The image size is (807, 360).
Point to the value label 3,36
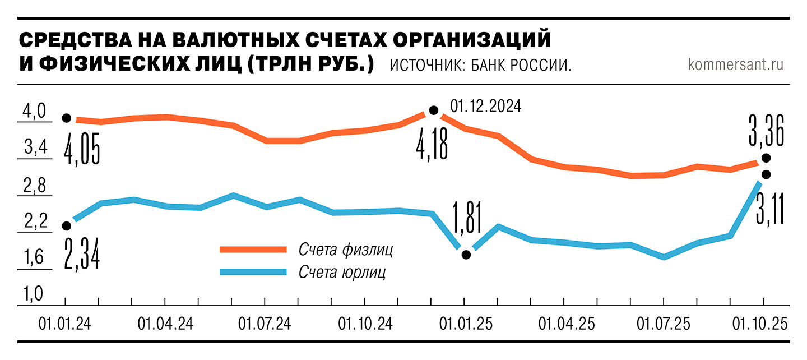pos(766,130)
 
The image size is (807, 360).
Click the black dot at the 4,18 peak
pos(433,110)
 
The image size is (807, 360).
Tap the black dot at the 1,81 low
pos(466,255)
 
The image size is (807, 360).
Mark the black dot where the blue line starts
pos(67,226)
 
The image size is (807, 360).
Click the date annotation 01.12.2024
pos(485,106)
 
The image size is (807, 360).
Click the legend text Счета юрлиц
pos(342,273)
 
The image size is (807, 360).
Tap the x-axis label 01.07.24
pos(265,324)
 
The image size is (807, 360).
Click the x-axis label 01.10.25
pos(760,324)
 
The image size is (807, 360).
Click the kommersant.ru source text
pos(735,64)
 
